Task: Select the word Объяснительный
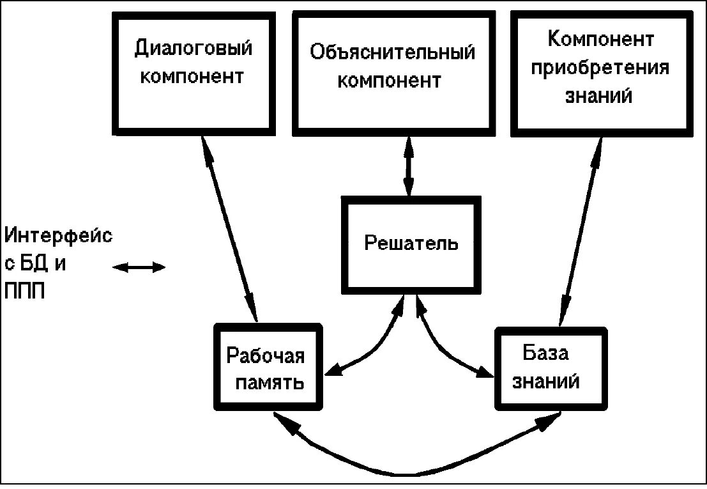tap(393, 52)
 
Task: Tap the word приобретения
tap(601, 68)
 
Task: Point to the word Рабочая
tap(268, 355)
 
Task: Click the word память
tap(269, 384)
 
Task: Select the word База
tap(545, 353)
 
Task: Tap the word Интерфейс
tap(59, 235)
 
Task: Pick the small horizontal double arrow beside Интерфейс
tap(139, 268)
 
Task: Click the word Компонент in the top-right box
tap(601, 40)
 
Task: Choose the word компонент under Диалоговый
tap(192, 78)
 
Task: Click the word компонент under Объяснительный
tap(389, 82)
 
